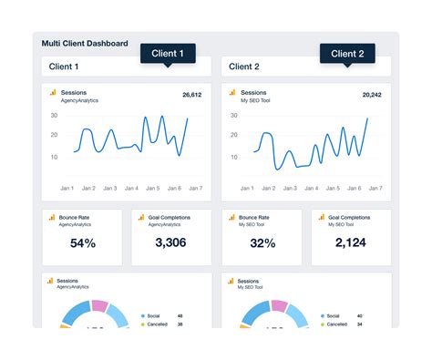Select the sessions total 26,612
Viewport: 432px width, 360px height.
tap(191, 95)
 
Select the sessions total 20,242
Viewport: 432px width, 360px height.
tap(372, 95)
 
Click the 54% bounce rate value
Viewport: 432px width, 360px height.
tap(83, 243)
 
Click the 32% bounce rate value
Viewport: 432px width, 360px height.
tap(262, 243)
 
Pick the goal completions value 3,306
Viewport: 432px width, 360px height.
tap(170, 243)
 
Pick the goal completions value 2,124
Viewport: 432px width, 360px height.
tap(351, 243)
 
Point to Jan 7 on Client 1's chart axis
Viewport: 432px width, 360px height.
tap(195, 189)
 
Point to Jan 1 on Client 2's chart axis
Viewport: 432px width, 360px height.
tap(247, 189)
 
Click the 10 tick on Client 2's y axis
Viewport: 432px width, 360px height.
tap(234, 157)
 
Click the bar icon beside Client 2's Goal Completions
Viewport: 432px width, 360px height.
tap(321, 218)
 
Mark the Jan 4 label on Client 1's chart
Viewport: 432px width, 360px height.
tap(131, 189)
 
